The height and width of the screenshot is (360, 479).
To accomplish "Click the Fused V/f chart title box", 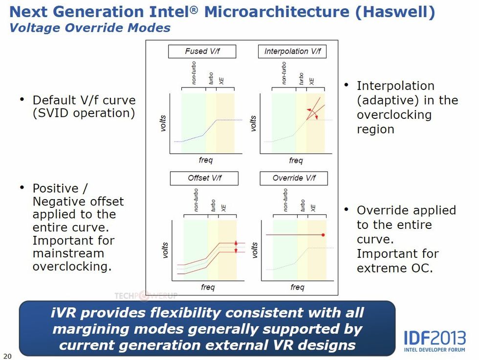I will (x=202, y=51).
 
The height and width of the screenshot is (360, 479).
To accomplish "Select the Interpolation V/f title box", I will (x=292, y=51).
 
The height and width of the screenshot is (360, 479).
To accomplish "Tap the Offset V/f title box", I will (x=204, y=178).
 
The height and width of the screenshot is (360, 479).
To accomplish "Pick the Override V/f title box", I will (x=294, y=178).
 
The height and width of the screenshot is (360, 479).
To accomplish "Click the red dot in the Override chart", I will (x=323, y=235).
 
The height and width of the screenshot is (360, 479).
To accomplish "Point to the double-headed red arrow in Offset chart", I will (x=236, y=247).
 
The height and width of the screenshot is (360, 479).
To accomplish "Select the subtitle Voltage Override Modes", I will (x=90, y=27).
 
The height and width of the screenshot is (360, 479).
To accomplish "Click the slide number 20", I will (x=7, y=355).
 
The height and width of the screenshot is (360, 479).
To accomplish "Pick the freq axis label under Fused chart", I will (x=206, y=160).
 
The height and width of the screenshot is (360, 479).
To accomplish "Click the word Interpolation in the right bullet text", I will (x=395, y=86).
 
